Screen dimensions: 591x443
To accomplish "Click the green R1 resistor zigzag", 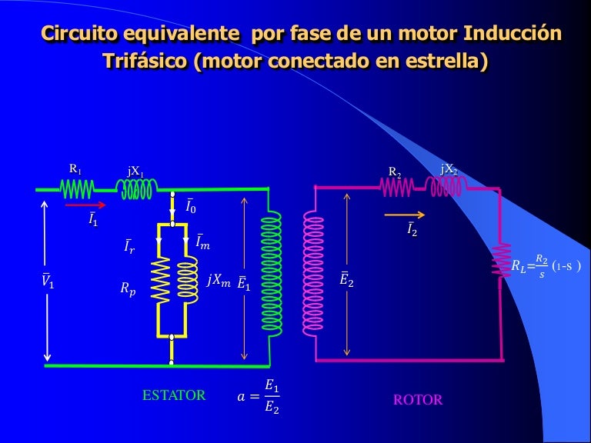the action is pyautogui.click(x=77, y=188).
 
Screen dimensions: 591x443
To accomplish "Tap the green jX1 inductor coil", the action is pyautogui.click(x=137, y=188).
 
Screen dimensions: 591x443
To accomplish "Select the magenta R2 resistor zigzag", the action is pyautogui.click(x=397, y=187).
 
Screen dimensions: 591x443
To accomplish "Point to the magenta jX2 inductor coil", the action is pyautogui.click(x=446, y=186).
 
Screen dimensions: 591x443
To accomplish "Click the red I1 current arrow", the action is pyautogui.click(x=85, y=205).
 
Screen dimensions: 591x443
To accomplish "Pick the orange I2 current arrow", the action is pyautogui.click(x=405, y=215).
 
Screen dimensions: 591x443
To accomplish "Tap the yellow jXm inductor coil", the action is pyautogui.click(x=188, y=280).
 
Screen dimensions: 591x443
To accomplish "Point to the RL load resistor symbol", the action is pyautogui.click(x=501, y=261).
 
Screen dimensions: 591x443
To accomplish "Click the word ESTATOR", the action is pyautogui.click(x=174, y=395).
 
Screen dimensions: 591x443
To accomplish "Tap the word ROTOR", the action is pyautogui.click(x=418, y=400).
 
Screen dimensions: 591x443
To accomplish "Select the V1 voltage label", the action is pyautogui.click(x=48, y=280).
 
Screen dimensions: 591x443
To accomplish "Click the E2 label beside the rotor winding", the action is pyautogui.click(x=346, y=279).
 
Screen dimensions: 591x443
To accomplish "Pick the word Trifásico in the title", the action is pyautogui.click(x=145, y=60).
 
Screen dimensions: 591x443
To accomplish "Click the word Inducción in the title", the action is pyautogui.click(x=513, y=33).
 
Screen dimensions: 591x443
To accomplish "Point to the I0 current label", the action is pyautogui.click(x=191, y=206).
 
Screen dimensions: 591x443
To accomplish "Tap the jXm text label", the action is pyautogui.click(x=219, y=280).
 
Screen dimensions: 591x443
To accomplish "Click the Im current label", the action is pyautogui.click(x=203, y=241).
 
